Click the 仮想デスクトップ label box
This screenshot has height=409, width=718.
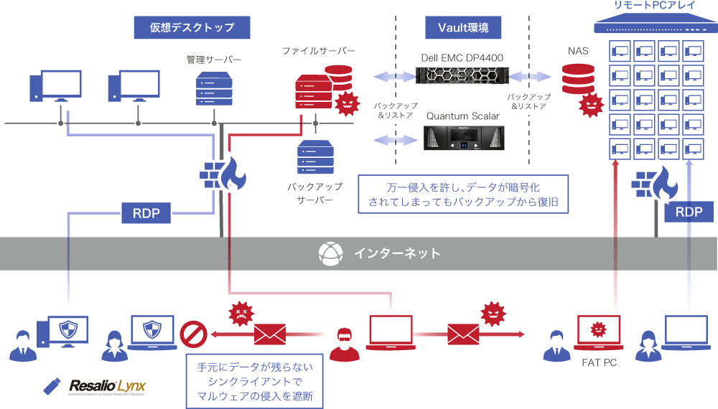(192, 27)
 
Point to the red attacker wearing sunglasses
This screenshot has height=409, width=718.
(345, 342)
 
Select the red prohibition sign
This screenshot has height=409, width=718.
(194, 333)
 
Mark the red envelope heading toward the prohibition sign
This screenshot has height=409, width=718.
(270, 334)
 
